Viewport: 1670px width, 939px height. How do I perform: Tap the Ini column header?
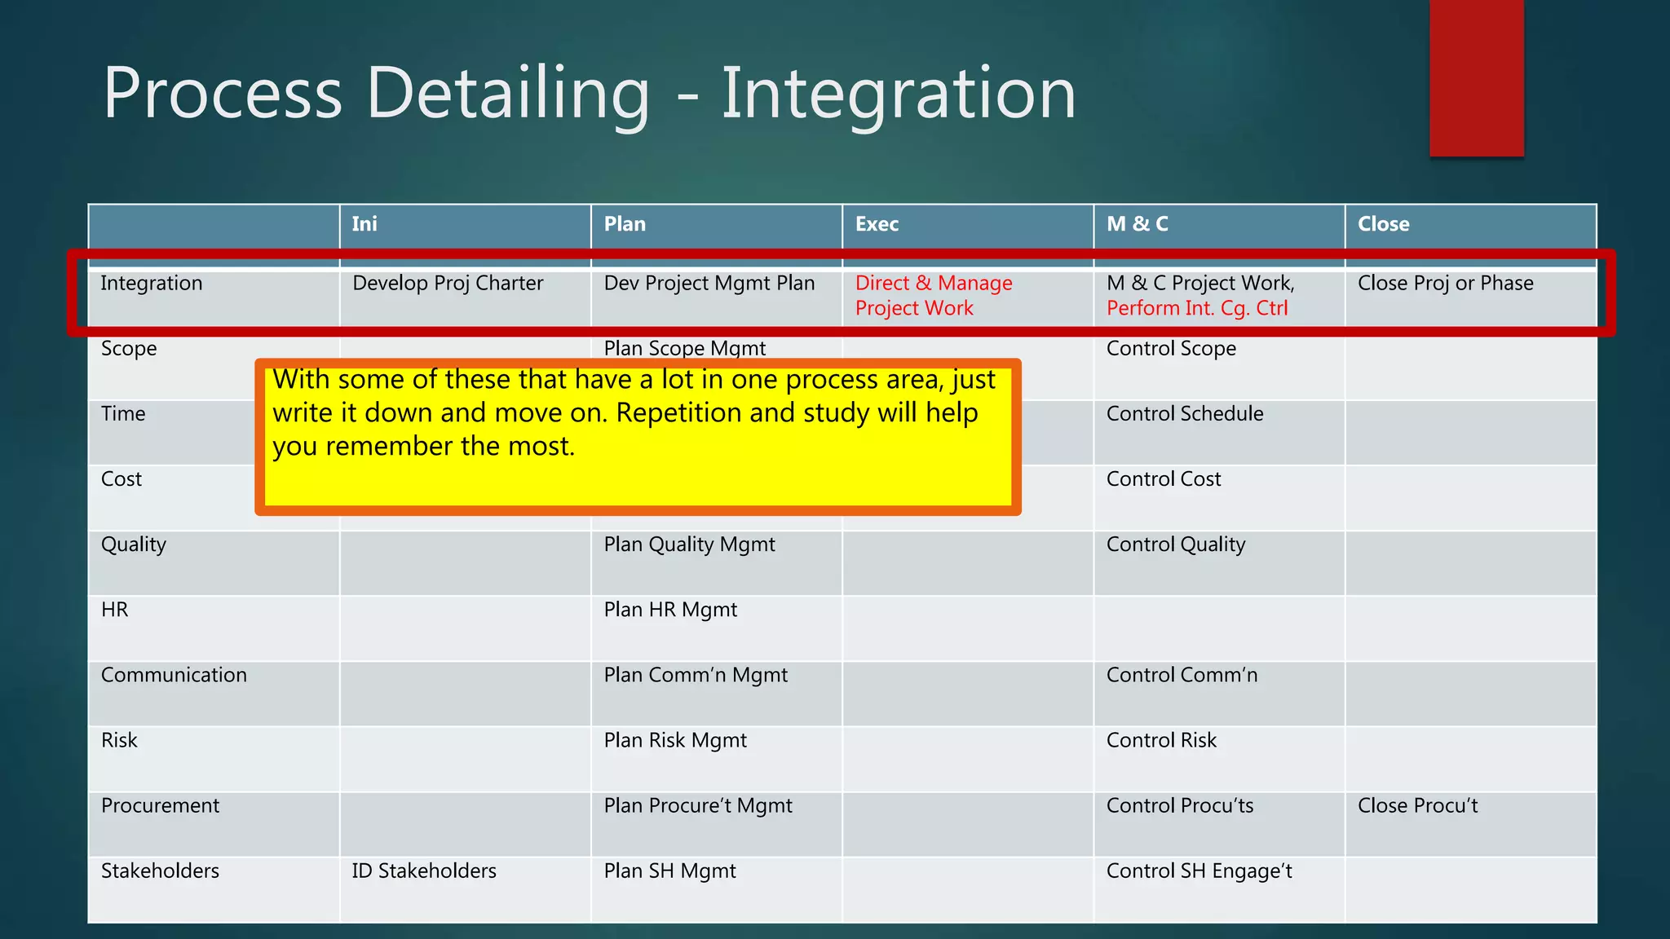[364, 224]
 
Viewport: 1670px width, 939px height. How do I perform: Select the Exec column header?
[877, 224]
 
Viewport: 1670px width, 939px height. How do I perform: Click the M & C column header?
[1137, 224]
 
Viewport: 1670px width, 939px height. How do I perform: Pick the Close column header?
[1383, 224]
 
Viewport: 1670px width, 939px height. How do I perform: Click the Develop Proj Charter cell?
[448, 284]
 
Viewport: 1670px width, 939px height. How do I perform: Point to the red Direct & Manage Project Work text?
[933, 295]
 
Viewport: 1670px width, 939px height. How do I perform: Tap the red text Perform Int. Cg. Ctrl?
[1196, 309]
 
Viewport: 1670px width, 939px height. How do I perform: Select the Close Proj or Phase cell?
[1445, 284]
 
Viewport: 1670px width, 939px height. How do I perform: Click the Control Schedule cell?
[1184, 414]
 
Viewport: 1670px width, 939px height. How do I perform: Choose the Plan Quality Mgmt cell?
[689, 544]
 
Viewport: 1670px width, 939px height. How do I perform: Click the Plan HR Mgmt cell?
[670, 610]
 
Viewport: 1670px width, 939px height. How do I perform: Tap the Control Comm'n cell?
[1182, 675]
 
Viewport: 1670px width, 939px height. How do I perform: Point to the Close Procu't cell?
[1417, 805]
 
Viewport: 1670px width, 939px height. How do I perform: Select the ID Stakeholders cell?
[424, 871]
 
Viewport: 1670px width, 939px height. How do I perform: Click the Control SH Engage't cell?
[1199, 871]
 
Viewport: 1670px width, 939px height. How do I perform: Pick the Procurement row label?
[160, 805]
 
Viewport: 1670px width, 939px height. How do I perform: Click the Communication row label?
[174, 675]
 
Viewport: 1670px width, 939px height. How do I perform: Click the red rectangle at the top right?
[1476, 77]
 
